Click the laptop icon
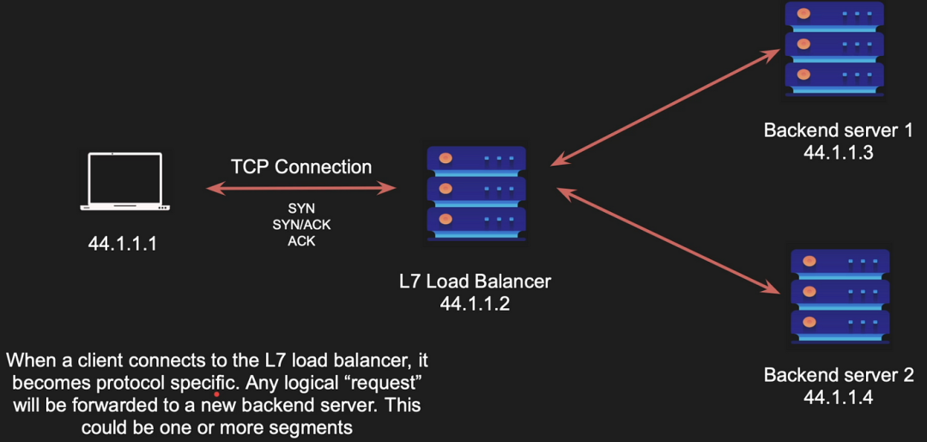pos(124,181)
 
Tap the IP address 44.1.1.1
pos(123,244)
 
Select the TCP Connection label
pos(301,167)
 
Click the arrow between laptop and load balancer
pos(301,189)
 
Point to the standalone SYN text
pos(301,209)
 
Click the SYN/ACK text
pos(301,225)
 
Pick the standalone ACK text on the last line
pos(301,241)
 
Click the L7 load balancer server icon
pos(476,194)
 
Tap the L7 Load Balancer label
pos(475,282)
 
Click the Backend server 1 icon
pos(835,48)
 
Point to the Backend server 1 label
pos(838,130)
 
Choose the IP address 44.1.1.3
pos(839,153)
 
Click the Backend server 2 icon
pos(840,297)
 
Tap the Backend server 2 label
pos(839,375)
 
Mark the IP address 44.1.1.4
pos(839,397)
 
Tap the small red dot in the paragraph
pos(217,394)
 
